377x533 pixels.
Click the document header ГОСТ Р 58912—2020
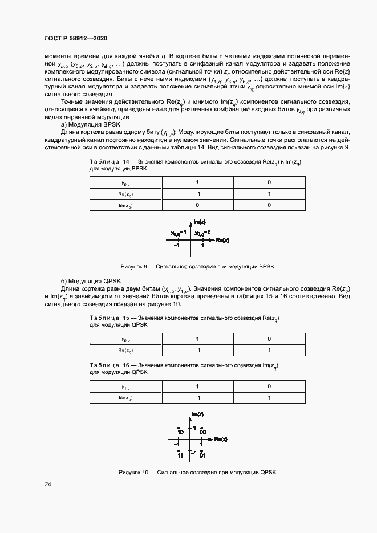point(75,38)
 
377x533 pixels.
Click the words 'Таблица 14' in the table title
point(110,162)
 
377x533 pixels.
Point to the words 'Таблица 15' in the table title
point(110,318)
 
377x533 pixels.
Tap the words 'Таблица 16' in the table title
point(110,364)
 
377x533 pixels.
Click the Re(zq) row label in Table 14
point(125,194)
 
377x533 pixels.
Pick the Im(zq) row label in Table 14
point(125,205)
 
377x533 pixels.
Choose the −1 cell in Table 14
point(197,194)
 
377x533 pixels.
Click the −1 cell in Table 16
point(197,398)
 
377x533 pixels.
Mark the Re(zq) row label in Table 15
point(125,351)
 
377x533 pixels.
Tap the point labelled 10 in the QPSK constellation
point(180,431)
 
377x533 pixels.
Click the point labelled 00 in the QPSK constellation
point(202,431)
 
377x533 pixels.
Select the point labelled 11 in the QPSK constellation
point(180,454)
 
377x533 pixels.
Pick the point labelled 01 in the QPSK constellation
point(202,454)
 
